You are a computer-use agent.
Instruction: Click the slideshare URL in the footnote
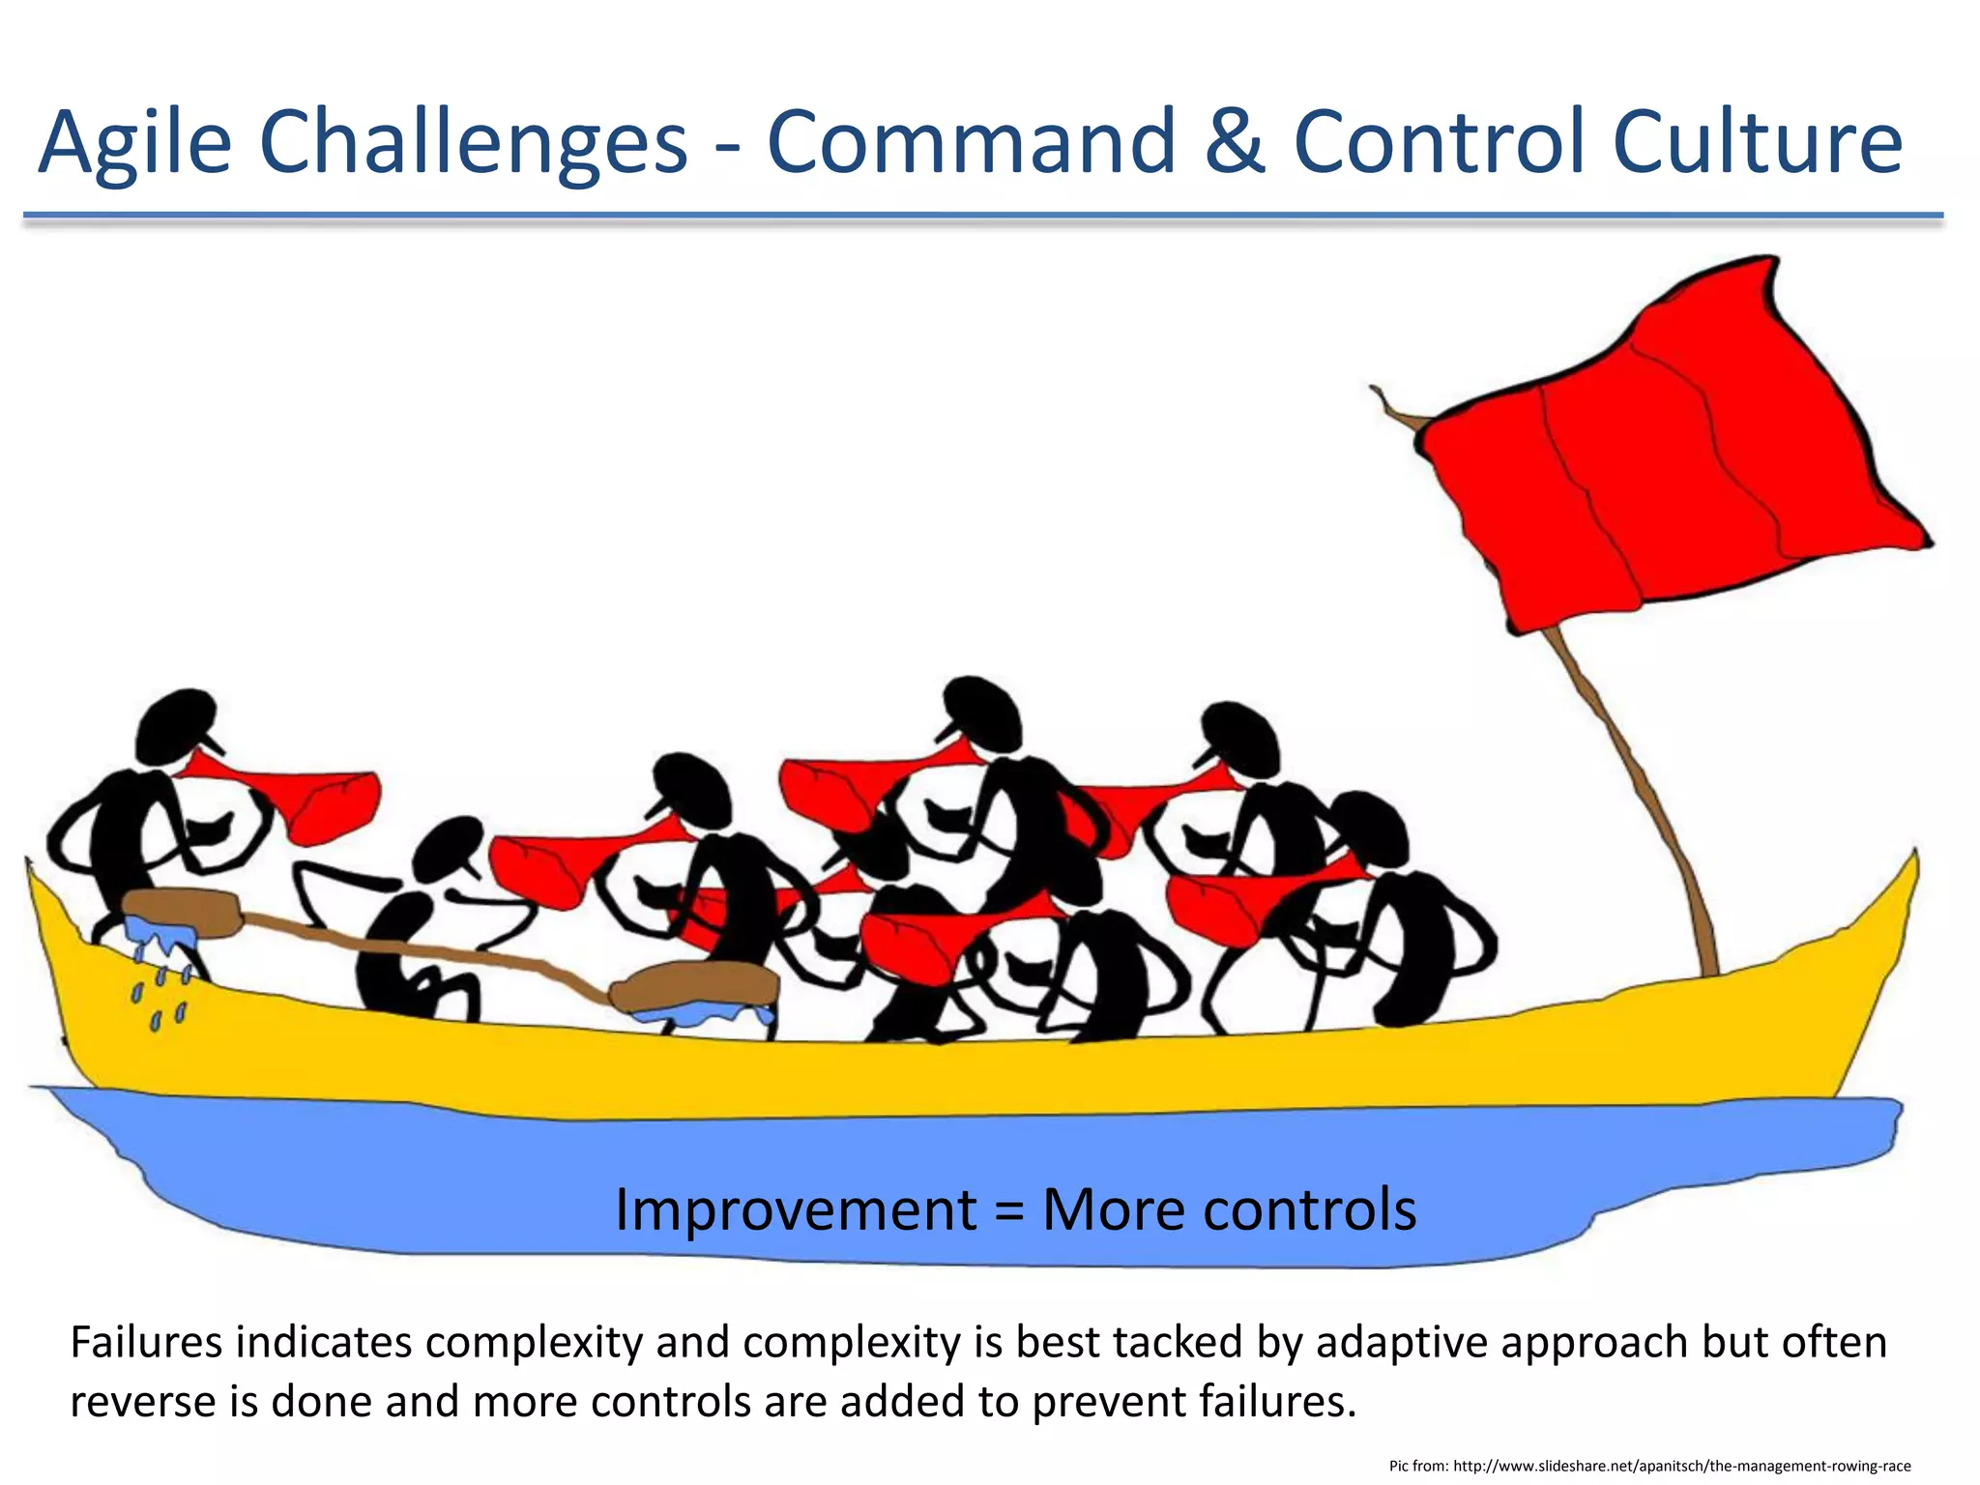(x=1682, y=1466)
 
